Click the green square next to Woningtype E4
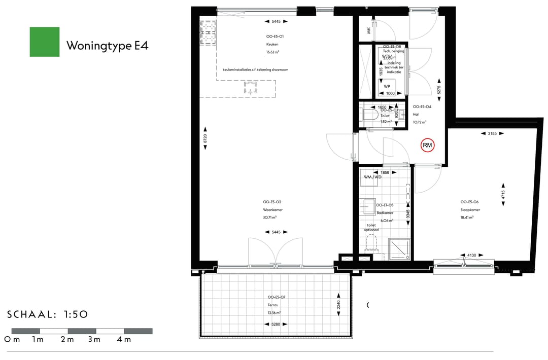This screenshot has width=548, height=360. point(45,42)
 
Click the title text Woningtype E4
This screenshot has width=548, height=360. point(107,46)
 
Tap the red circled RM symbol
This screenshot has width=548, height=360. point(427,146)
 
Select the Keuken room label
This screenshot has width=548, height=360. point(272,44)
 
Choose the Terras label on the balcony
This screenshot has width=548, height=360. point(273,305)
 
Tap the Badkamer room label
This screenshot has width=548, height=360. point(385,213)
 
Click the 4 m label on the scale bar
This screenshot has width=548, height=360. point(123,339)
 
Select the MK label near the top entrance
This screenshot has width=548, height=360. point(368,31)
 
